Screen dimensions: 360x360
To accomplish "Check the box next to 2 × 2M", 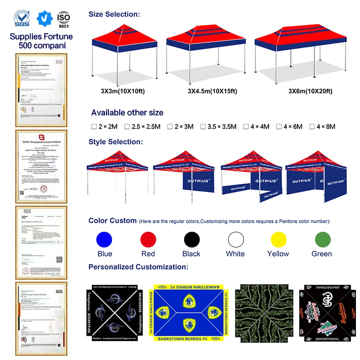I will (94, 127).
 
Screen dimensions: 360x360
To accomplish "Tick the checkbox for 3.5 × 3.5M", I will (203, 127).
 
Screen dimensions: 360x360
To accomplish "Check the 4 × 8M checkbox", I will (311, 127).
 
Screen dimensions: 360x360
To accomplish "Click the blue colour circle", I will (104, 239).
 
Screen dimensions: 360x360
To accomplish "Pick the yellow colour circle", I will (278, 239).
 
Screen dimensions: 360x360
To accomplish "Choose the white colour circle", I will (235, 239).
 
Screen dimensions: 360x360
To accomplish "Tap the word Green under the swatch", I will (321, 254).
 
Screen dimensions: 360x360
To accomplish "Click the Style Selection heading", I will (115, 142).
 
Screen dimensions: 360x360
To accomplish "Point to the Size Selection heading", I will (114, 14).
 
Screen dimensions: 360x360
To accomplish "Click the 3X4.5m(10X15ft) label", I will (212, 91).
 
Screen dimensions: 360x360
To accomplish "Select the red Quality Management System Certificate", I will (41, 166).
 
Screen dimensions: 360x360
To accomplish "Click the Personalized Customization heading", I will (138, 267).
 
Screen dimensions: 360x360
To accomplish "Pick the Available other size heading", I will (127, 112).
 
